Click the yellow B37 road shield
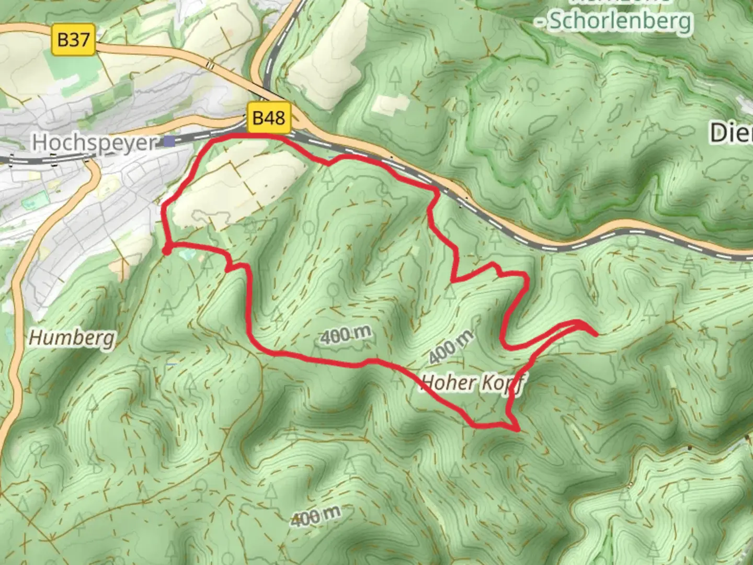74,40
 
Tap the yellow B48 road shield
268,118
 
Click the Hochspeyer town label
94,142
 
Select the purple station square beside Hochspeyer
169,141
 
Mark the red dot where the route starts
166,251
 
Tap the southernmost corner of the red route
518,430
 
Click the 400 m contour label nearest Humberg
315,516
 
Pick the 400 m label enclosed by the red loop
347,335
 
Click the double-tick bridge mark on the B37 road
210,65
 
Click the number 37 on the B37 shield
81,40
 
